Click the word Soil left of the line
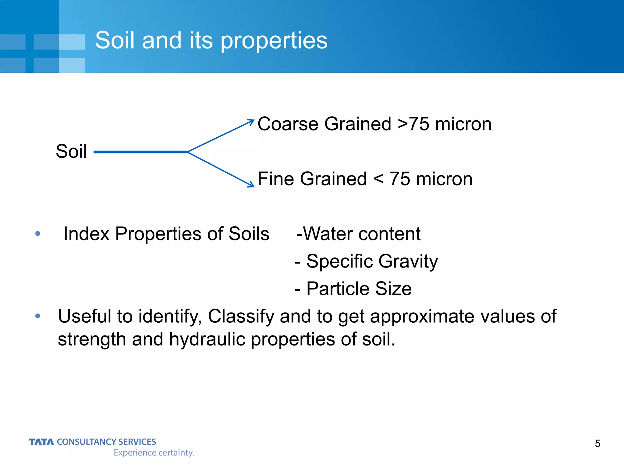[71, 151]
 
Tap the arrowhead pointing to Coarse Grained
[251, 122]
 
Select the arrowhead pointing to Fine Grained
[251, 185]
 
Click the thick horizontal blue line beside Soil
[140, 152]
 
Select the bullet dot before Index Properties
[38, 234]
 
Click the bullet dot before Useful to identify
[38, 316]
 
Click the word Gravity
[408, 262]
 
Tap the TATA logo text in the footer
[41, 442]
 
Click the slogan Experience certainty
[154, 453]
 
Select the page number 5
[597, 444]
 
